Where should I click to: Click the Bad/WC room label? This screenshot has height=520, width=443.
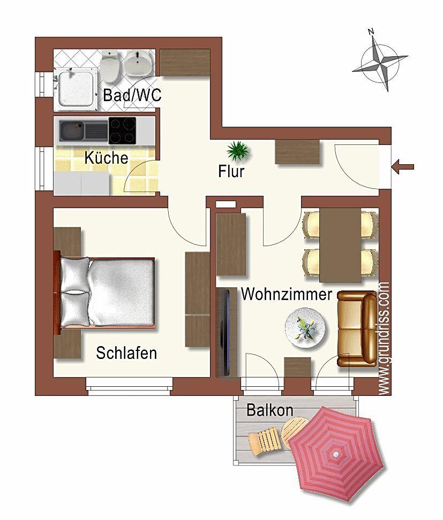pyautogui.click(x=132, y=95)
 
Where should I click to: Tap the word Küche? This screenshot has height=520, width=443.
pyautogui.click(x=106, y=157)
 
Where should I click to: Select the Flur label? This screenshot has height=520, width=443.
pyautogui.click(x=231, y=171)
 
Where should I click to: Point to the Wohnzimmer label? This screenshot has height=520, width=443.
pyautogui.click(x=286, y=294)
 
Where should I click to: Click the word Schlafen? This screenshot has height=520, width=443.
pyautogui.click(x=126, y=353)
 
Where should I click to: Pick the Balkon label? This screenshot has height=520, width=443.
pyautogui.click(x=269, y=410)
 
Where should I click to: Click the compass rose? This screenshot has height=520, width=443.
pyautogui.click(x=380, y=61)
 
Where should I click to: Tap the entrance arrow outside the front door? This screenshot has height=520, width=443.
pyautogui.click(x=403, y=167)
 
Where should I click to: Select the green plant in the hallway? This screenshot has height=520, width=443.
pyautogui.click(x=238, y=151)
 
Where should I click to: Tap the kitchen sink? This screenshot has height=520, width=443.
pyautogui.click(x=72, y=131)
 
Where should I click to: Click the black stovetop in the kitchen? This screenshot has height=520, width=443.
pyautogui.click(x=122, y=131)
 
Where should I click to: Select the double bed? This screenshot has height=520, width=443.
pyautogui.click(x=104, y=293)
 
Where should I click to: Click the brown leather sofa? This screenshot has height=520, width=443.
pyautogui.click(x=357, y=328)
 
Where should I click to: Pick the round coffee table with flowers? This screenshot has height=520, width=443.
pyautogui.click(x=305, y=328)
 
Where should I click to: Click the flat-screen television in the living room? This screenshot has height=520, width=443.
pyautogui.click(x=226, y=333)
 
